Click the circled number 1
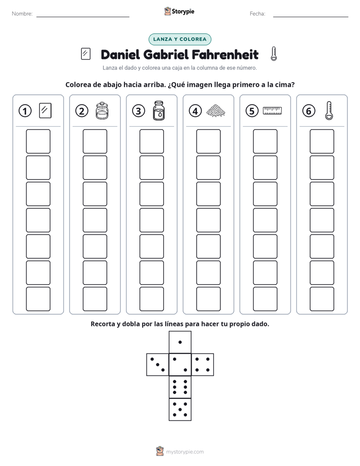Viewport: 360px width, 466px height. [x=25, y=111]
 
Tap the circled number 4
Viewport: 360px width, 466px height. [x=195, y=111]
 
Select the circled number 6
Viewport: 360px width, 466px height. [x=309, y=111]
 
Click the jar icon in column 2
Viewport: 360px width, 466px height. [x=102, y=111]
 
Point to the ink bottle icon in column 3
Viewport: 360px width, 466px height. [x=159, y=110]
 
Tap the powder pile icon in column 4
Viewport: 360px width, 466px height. [x=216, y=110]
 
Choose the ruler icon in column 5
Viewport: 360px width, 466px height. [x=272, y=110]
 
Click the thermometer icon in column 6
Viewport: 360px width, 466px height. [x=329, y=110]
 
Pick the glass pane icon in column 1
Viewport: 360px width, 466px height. [x=45, y=110]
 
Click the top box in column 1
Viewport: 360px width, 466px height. [x=38, y=141]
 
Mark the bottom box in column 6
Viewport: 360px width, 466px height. [x=322, y=299]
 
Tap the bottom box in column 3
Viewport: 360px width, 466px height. [x=152, y=299]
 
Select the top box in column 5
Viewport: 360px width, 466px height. [x=265, y=141]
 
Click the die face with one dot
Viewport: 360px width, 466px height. [x=180, y=342]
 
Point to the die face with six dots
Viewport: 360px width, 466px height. [x=180, y=387]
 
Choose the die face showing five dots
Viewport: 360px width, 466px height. [x=180, y=410]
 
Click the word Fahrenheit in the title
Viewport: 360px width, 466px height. [x=225, y=54]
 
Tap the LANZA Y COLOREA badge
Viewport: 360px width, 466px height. [x=180, y=39]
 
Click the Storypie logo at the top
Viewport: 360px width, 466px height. [x=179, y=11]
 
